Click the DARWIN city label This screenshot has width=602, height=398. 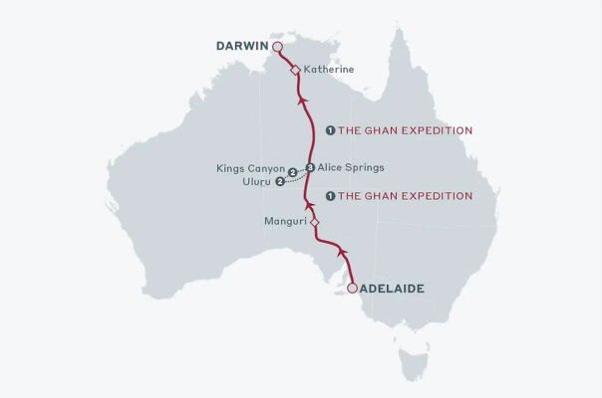(x=243, y=46)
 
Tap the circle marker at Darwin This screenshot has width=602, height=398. (x=278, y=47)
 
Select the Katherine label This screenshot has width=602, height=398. (x=328, y=70)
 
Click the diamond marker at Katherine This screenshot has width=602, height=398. (x=295, y=70)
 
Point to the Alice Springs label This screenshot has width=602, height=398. (x=350, y=167)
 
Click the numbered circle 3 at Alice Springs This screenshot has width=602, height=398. (x=310, y=167)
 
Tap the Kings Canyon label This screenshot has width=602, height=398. (x=250, y=169)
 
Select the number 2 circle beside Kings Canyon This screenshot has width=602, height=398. (x=292, y=172)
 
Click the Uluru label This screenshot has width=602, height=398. (x=256, y=182)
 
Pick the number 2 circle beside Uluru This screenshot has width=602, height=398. (x=280, y=182)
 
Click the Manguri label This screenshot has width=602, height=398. (x=284, y=222)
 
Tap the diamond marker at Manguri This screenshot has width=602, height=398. (x=313, y=223)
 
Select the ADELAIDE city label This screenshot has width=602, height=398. (x=392, y=289)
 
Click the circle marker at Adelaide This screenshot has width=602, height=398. (x=351, y=289)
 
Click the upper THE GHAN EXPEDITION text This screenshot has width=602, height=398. (x=406, y=130)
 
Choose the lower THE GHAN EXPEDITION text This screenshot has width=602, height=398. (x=406, y=196)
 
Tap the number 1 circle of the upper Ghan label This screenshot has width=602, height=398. (x=331, y=130)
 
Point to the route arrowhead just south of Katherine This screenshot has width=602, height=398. (x=299, y=90)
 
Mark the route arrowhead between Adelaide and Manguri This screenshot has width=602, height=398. (x=341, y=248)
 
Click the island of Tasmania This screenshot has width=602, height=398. (x=412, y=362)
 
